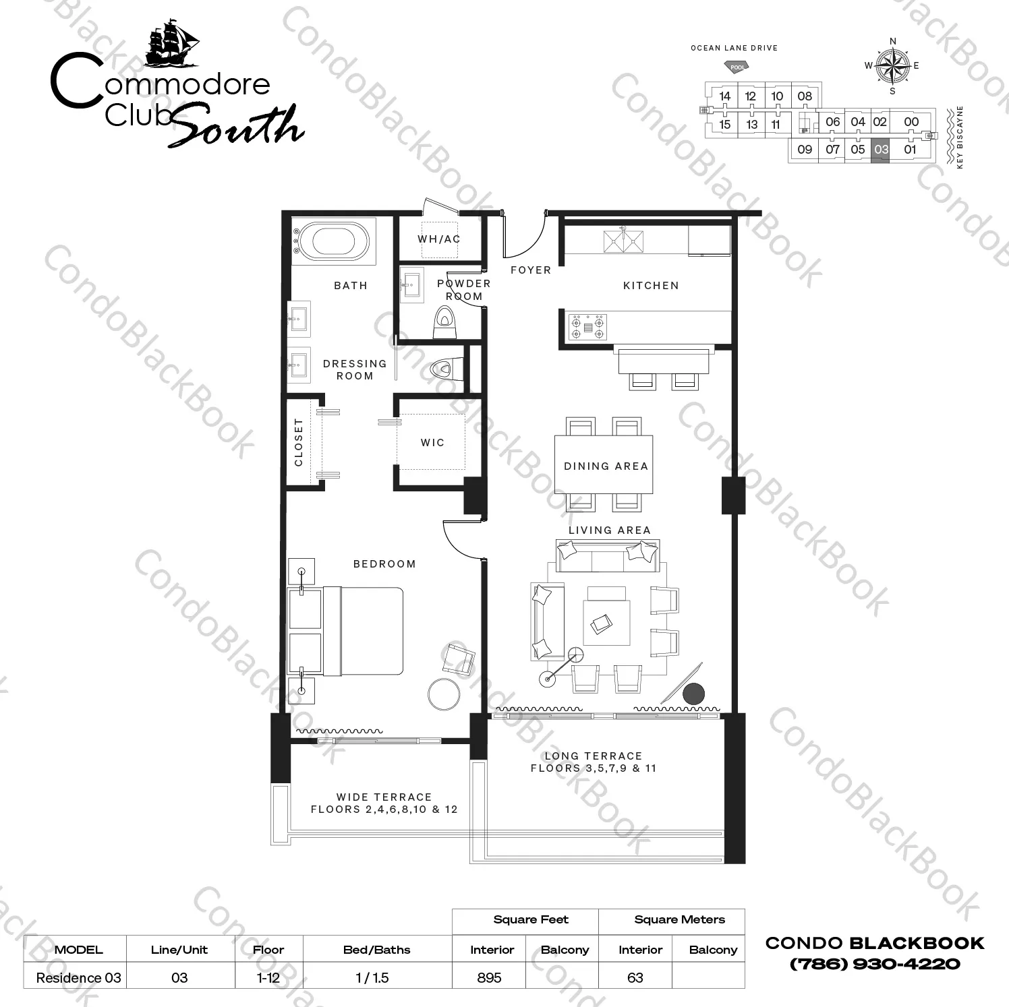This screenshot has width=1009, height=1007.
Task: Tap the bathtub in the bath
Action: [334, 241]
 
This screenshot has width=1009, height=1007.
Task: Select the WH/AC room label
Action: [439, 239]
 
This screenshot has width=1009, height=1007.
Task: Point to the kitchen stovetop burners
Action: [588, 327]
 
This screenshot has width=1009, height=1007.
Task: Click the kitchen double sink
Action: [624, 241]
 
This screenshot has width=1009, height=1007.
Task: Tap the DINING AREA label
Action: [606, 466]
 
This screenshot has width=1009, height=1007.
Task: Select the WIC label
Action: [432, 443]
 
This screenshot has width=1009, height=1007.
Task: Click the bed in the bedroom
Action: [346, 631]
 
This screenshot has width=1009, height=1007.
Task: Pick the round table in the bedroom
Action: [444, 694]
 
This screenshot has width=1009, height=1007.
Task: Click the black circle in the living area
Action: [693, 694]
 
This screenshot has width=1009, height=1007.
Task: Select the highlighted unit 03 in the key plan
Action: [880, 149]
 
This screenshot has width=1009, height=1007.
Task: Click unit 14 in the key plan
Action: [724, 96]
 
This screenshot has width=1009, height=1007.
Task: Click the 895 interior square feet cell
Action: [489, 977]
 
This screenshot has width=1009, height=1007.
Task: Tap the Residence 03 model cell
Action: [78, 977]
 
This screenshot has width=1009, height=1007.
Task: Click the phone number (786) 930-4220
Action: [875, 964]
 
